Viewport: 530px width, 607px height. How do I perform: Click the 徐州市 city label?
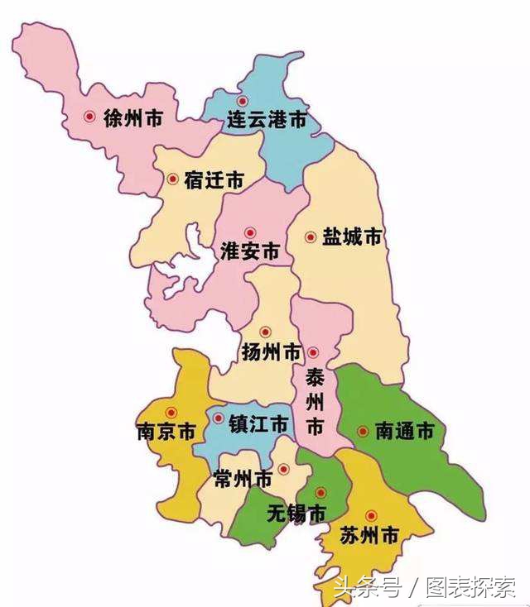pyautogui.click(x=132, y=118)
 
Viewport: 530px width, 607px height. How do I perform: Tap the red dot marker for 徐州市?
pyautogui.click(x=89, y=117)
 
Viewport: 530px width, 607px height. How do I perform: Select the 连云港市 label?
pyautogui.click(x=267, y=121)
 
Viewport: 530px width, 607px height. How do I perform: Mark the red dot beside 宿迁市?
pyautogui.click(x=172, y=179)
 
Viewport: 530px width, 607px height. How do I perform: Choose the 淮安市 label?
pyautogui.click(x=250, y=252)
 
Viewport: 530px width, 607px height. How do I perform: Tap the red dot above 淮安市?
pyautogui.click(x=250, y=233)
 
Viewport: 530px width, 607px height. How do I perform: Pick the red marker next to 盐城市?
pyautogui.click(x=311, y=237)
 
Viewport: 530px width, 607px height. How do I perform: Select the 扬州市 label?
pyautogui.click(x=271, y=352)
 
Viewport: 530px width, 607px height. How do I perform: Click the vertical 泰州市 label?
pyautogui.click(x=315, y=404)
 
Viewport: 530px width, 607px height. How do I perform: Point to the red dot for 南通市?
pyautogui.click(x=363, y=431)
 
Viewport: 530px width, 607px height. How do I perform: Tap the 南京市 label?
pyautogui.click(x=166, y=432)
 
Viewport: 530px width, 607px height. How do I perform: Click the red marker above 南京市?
pyautogui.click(x=171, y=413)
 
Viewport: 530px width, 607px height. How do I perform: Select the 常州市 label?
pyautogui.click(x=243, y=480)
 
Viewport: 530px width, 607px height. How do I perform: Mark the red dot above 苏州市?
pyautogui.click(x=371, y=516)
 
